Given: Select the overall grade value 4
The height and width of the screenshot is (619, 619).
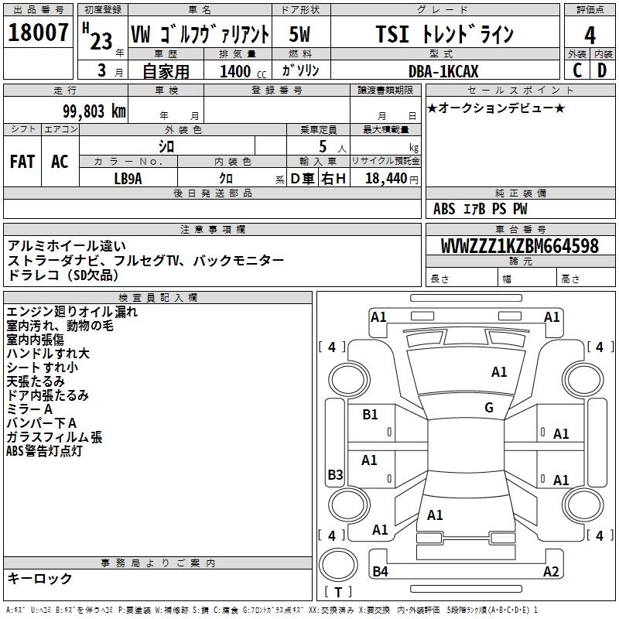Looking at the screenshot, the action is coord(590,35).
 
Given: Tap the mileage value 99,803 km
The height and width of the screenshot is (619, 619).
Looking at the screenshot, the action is coord(90,111).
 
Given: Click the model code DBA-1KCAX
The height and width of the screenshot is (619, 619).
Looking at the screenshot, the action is coord(443,71).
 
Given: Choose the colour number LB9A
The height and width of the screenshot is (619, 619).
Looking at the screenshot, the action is coord(128,178).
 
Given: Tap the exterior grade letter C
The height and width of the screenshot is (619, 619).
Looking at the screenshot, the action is coord(577,70).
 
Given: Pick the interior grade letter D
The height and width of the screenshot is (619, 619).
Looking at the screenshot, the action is coord(602,70).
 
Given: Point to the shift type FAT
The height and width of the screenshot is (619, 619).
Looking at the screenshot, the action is coord(22,161).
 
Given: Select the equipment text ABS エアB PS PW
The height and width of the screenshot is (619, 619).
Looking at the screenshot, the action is coord(480,208).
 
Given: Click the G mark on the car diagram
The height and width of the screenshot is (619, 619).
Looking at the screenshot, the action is coord(489,408).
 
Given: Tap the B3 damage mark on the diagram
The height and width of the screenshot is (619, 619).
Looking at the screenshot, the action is coord(335,475).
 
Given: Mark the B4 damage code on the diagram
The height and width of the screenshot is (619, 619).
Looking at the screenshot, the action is coord(380,572).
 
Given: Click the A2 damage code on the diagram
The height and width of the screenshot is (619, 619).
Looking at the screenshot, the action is coord(551,572).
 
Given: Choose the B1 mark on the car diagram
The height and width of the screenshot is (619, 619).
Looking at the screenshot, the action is coord(370,415).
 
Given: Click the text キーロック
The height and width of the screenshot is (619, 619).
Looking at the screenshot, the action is coord(39,578).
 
